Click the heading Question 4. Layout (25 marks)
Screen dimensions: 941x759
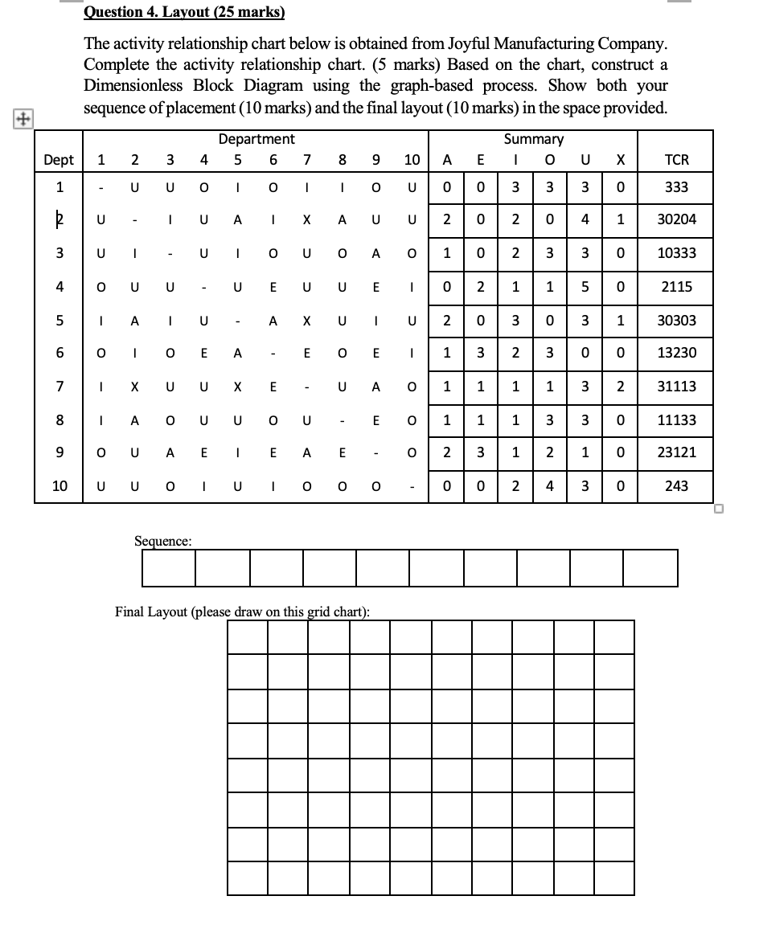tap(185, 13)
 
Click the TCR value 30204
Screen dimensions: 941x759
tap(676, 219)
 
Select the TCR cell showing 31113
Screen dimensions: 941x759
tap(676, 387)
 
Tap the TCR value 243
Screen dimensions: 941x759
tap(676, 486)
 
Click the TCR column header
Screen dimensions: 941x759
tap(676, 160)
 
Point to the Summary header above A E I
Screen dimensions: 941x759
tap(533, 139)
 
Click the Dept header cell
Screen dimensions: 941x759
tap(59, 160)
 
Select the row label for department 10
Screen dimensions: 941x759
tap(59, 486)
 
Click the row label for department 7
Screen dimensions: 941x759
tap(59, 387)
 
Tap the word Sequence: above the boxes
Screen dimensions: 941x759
tap(162, 541)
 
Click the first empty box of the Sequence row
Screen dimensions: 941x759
tap(169, 568)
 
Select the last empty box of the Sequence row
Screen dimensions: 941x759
tap(650, 568)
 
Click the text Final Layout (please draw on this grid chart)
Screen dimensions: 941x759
tap(242, 612)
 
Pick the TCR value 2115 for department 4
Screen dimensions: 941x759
tap(676, 287)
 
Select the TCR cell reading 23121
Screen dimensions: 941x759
tap(676, 452)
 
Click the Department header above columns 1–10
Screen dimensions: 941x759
tap(256, 139)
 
